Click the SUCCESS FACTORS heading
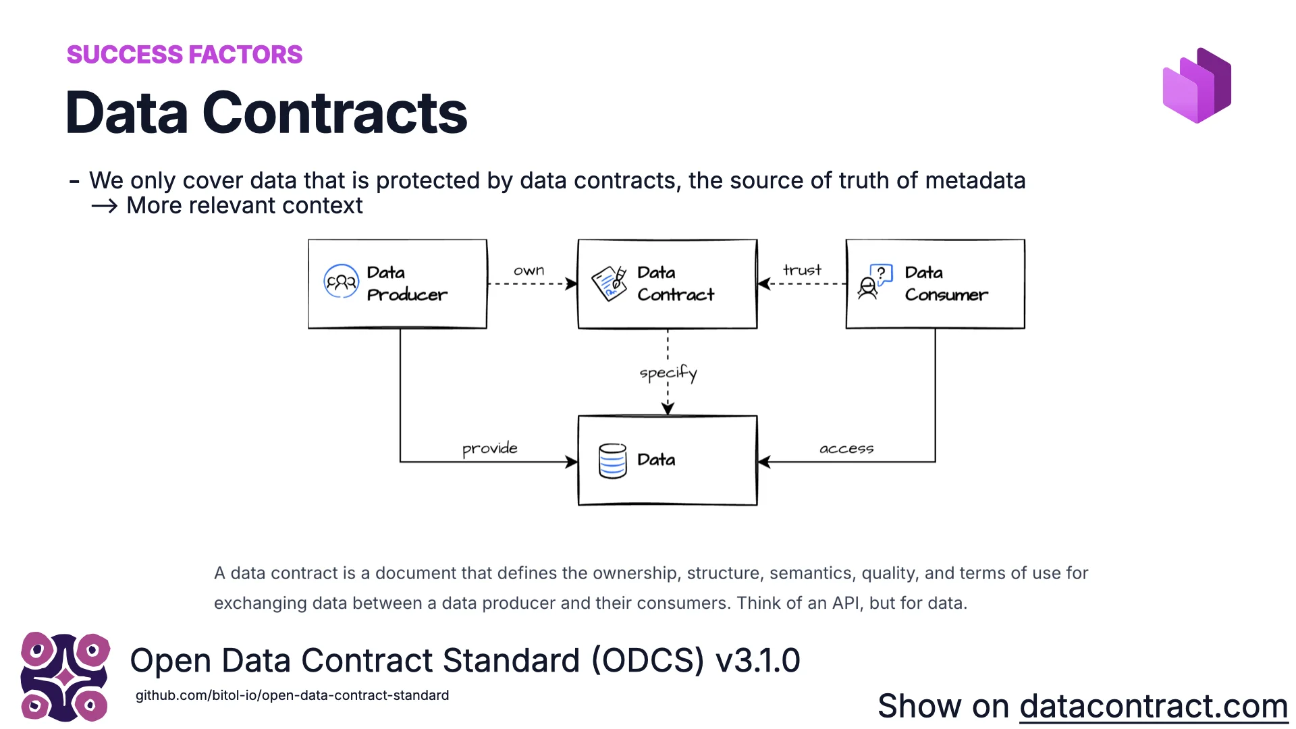[x=184, y=55]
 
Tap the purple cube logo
[x=1197, y=86]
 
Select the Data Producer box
[x=398, y=284]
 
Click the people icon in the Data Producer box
[x=341, y=282]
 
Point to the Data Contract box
[x=668, y=284]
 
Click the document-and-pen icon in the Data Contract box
[x=610, y=283]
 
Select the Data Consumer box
[x=936, y=284]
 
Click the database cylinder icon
[x=612, y=461]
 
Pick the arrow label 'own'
[x=529, y=271]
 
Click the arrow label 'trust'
[x=802, y=270]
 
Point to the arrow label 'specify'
[x=668, y=373]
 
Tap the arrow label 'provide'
[x=489, y=449]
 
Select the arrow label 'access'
[x=846, y=449]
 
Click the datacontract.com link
[x=1153, y=707]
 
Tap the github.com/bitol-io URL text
[x=292, y=695]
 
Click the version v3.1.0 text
[x=757, y=660]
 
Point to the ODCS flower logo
[x=65, y=676]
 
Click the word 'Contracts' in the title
[x=334, y=113]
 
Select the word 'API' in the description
[x=846, y=603]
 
